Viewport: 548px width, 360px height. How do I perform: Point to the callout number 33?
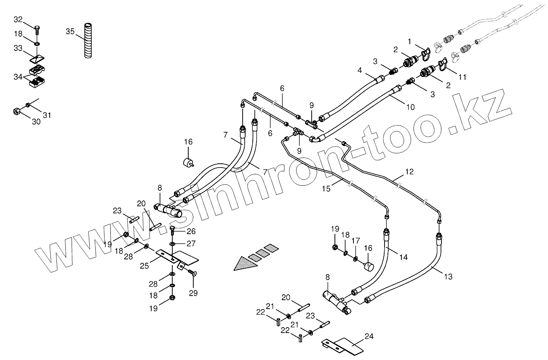click(x=18, y=48)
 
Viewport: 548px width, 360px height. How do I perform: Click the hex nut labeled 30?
click(x=16, y=112)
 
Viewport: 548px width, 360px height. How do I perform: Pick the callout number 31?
click(x=46, y=115)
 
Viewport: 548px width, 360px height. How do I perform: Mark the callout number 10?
click(x=410, y=107)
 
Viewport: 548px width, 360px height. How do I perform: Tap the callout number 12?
click(x=409, y=171)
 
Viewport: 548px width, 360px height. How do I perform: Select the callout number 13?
click(x=448, y=277)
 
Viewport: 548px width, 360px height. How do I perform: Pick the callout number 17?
click(x=356, y=241)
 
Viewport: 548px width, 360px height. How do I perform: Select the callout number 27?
click(x=191, y=243)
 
